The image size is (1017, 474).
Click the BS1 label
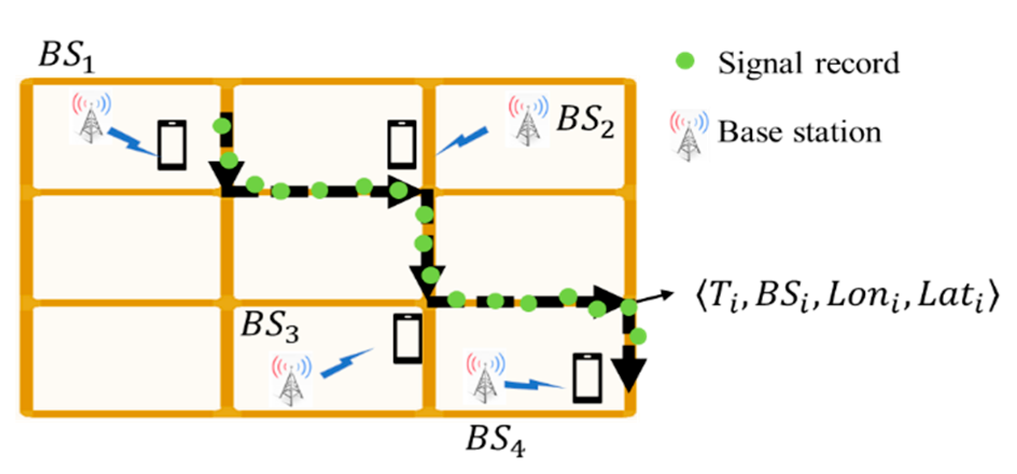pyautogui.click(x=67, y=57)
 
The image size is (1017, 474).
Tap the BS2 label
pyautogui.click(x=585, y=121)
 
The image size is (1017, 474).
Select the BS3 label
pyautogui.click(x=269, y=326)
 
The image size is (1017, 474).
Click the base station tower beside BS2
pyautogui.click(x=528, y=121)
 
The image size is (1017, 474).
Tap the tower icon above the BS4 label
pyautogui.click(x=486, y=378)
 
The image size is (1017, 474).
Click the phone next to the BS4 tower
pyautogui.click(x=587, y=378)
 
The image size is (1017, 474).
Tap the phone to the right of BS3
pyautogui.click(x=408, y=339)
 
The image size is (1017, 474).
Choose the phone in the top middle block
pyautogui.click(x=402, y=144)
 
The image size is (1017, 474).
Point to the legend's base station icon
pyautogui.click(x=689, y=135)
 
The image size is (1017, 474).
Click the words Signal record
pyautogui.click(x=808, y=64)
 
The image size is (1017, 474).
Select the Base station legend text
pyautogui.click(x=799, y=133)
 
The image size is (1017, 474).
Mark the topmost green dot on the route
pyautogui.click(x=222, y=126)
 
